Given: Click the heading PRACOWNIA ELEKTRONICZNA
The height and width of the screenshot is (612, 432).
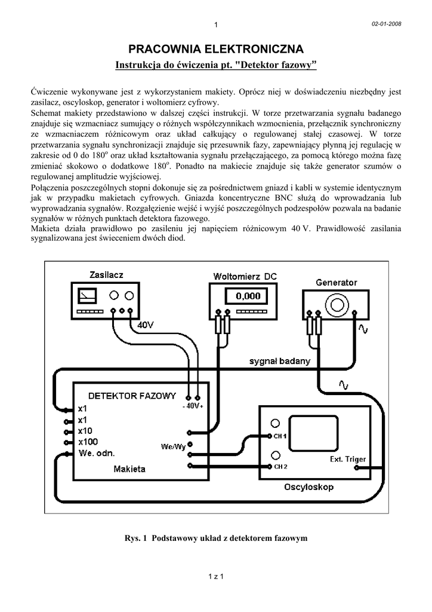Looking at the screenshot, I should tap(216, 48).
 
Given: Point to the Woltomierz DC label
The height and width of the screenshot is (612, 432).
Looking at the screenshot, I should tap(245, 276).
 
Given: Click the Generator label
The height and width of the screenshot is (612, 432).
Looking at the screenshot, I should tap(337, 282).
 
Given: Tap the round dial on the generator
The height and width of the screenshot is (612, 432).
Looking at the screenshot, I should tap(336, 303).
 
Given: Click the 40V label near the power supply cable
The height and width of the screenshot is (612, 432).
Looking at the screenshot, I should tap(147, 325).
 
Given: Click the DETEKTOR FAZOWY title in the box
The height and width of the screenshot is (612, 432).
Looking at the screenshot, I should tap(132, 396).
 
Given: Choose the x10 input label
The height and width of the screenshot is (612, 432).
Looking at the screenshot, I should tap(85, 431).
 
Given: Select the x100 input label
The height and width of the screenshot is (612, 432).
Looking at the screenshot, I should tap(88, 442).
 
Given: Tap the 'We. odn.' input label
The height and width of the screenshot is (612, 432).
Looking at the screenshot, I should tap(97, 453).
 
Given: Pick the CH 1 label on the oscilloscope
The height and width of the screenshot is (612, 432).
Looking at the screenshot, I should tap(281, 436).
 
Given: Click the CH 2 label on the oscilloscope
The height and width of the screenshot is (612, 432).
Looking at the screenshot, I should tap(281, 466).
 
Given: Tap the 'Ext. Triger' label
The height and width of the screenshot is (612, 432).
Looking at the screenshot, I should tap(348, 459).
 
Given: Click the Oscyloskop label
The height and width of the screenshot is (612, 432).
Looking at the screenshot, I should tap(308, 488).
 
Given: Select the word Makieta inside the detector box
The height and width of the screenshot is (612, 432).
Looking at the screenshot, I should tap(129, 469).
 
